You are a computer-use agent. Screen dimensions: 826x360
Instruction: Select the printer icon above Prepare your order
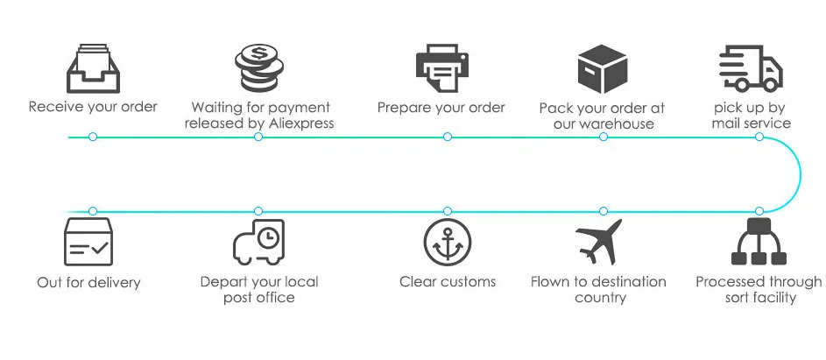442,67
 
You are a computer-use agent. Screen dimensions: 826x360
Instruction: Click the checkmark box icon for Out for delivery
88,242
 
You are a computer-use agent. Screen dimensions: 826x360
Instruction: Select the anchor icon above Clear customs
448,243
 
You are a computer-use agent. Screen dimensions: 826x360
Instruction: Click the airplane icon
599,242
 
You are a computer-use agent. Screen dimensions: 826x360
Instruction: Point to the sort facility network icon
759,242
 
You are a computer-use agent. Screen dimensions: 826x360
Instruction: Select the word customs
468,282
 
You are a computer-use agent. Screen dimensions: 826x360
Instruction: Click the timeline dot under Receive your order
93,138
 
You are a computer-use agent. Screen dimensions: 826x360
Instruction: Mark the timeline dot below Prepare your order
448,138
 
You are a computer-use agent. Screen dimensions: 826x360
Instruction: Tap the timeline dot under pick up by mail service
759,138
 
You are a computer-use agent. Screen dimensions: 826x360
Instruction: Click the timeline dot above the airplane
603,211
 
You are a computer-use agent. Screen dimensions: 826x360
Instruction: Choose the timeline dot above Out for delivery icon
93,211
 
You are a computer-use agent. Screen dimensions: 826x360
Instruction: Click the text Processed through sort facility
759,290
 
